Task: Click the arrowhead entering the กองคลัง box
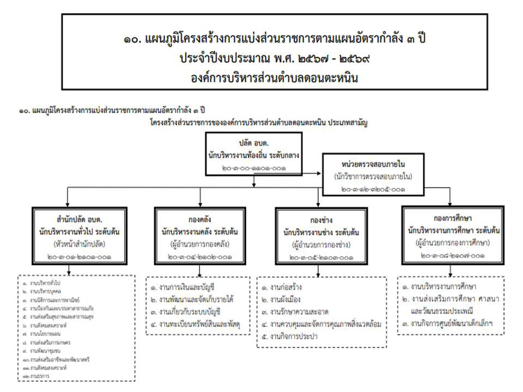click(198, 204)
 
